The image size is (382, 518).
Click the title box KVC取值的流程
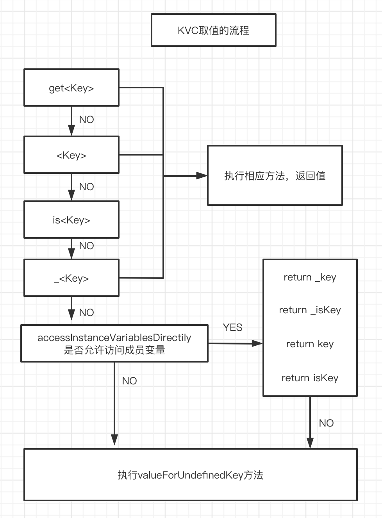[213, 30]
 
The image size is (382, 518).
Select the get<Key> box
[71, 88]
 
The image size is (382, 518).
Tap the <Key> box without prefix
[71, 155]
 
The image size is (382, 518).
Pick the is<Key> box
[71, 220]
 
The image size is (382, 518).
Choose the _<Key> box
[71, 278]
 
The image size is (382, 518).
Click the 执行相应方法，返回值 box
[275, 176]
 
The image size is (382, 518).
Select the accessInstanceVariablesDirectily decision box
[114, 343]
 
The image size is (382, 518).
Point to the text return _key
[310, 277]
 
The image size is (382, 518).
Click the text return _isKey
[310, 310]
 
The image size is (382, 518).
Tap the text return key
[310, 344]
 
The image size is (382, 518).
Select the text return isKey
[310, 378]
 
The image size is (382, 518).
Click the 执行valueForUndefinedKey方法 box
[190, 475]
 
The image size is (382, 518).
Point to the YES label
[233, 327]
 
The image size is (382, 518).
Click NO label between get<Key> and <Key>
[86, 120]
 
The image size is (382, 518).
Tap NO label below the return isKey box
[326, 423]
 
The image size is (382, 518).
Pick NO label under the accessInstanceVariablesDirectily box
[129, 381]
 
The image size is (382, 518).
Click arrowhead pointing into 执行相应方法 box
[202, 176]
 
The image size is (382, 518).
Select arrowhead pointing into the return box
[257, 344]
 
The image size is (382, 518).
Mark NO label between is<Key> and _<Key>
[86, 246]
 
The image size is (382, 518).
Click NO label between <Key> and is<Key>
[86, 187]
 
